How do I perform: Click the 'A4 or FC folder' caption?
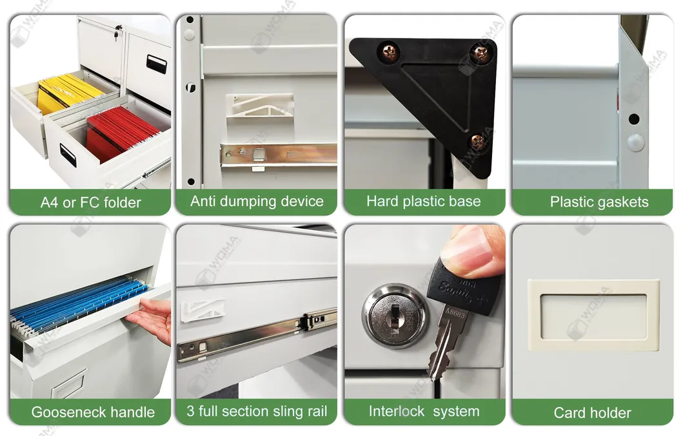coord(90,202)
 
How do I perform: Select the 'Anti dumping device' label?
coord(257,201)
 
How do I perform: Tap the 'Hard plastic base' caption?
coord(424,201)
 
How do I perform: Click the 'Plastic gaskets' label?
coord(599,202)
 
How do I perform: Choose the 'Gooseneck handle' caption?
coord(93,412)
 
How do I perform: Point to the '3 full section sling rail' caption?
coord(257,412)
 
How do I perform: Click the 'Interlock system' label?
coord(424,412)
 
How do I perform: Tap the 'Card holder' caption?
coord(592,413)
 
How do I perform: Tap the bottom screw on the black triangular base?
coord(478,141)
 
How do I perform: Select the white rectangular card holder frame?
coord(593,315)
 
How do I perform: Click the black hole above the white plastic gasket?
coord(634,119)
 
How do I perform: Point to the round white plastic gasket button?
coord(635,142)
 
